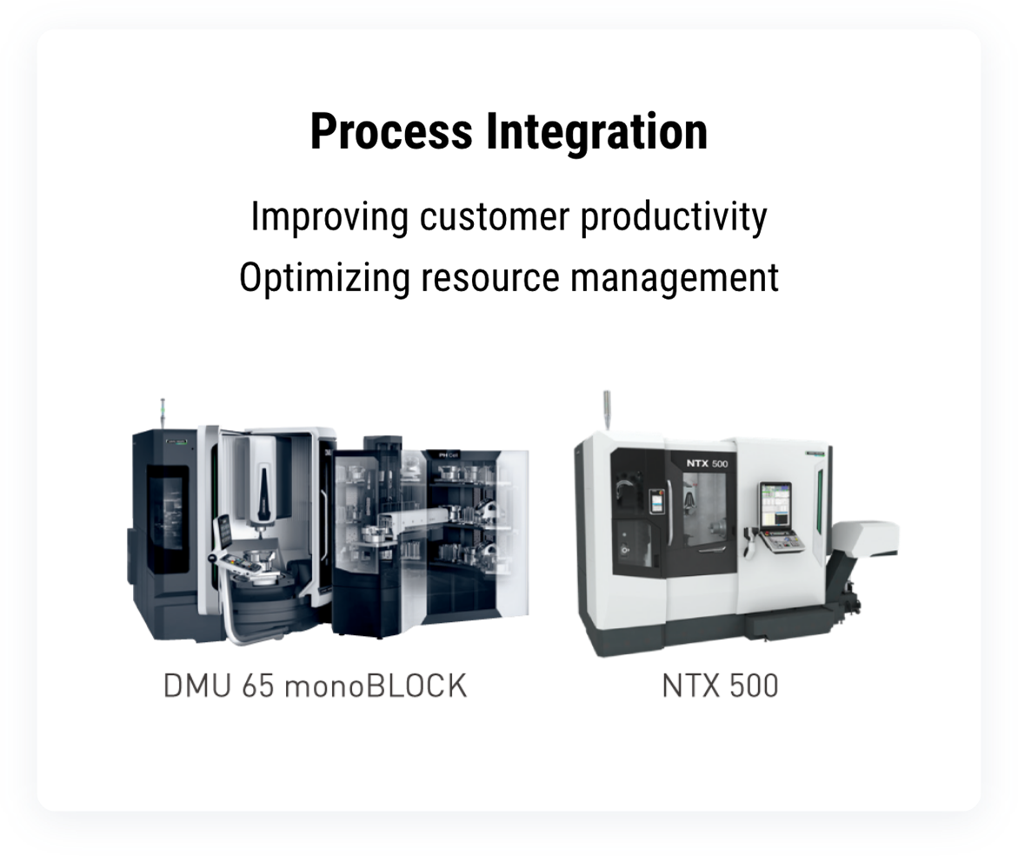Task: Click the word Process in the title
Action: point(391,132)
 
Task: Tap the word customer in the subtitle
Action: point(494,216)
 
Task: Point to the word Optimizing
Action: point(324,279)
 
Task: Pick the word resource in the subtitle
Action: point(490,279)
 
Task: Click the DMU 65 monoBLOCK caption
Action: point(315,686)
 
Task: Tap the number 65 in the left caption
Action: point(257,686)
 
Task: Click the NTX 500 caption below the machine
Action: point(720,686)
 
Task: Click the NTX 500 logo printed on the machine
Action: point(707,463)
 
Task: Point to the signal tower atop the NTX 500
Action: point(607,409)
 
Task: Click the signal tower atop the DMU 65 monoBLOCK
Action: point(163,414)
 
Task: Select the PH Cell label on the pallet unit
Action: point(448,455)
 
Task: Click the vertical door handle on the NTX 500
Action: point(668,513)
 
